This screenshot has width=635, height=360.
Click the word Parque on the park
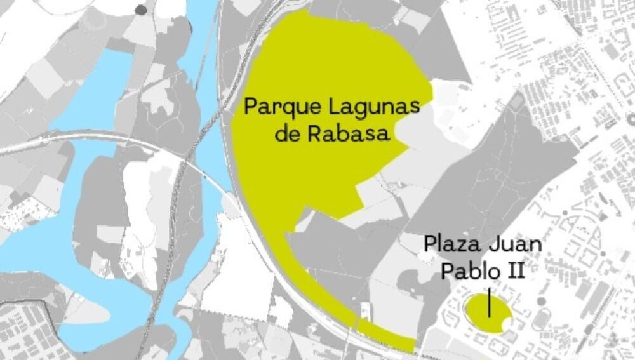pos(276,107)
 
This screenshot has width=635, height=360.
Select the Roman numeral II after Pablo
pos(514,271)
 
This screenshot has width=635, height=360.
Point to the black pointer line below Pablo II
pos(489,303)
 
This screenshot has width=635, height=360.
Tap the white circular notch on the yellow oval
pos(506,325)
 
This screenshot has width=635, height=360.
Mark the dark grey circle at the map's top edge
pos(139,9)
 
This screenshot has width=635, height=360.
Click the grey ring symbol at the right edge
pos(631,118)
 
